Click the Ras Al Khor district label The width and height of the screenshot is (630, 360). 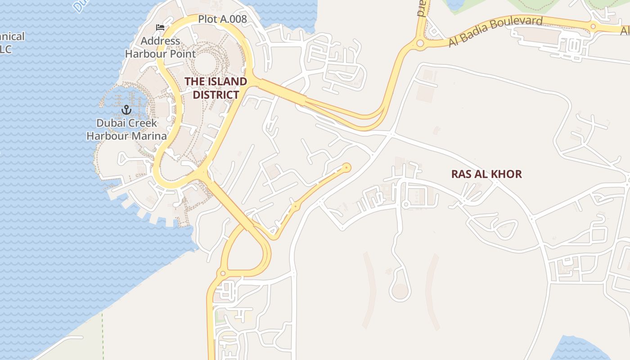(x=486, y=174)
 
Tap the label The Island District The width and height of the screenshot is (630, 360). (x=216, y=88)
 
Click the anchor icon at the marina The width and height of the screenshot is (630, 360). (x=126, y=109)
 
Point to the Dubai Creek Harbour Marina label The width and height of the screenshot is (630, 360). (x=126, y=129)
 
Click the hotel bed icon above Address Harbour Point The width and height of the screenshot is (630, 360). (x=160, y=27)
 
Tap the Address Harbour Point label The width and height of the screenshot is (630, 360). (x=160, y=47)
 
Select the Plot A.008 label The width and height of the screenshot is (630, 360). (x=222, y=19)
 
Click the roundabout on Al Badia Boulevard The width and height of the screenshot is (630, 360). (x=420, y=44)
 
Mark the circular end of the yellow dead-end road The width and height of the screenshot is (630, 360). (x=346, y=168)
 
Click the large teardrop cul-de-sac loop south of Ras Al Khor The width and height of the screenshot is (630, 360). (x=400, y=291)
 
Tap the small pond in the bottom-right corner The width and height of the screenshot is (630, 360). (x=580, y=349)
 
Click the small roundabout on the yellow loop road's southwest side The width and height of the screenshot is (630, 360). (x=222, y=273)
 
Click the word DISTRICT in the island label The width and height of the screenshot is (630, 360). (x=216, y=95)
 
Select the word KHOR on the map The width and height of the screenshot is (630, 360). (x=507, y=174)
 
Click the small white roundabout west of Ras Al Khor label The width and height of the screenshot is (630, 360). (x=405, y=205)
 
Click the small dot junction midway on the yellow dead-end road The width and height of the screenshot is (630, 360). (x=295, y=206)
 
